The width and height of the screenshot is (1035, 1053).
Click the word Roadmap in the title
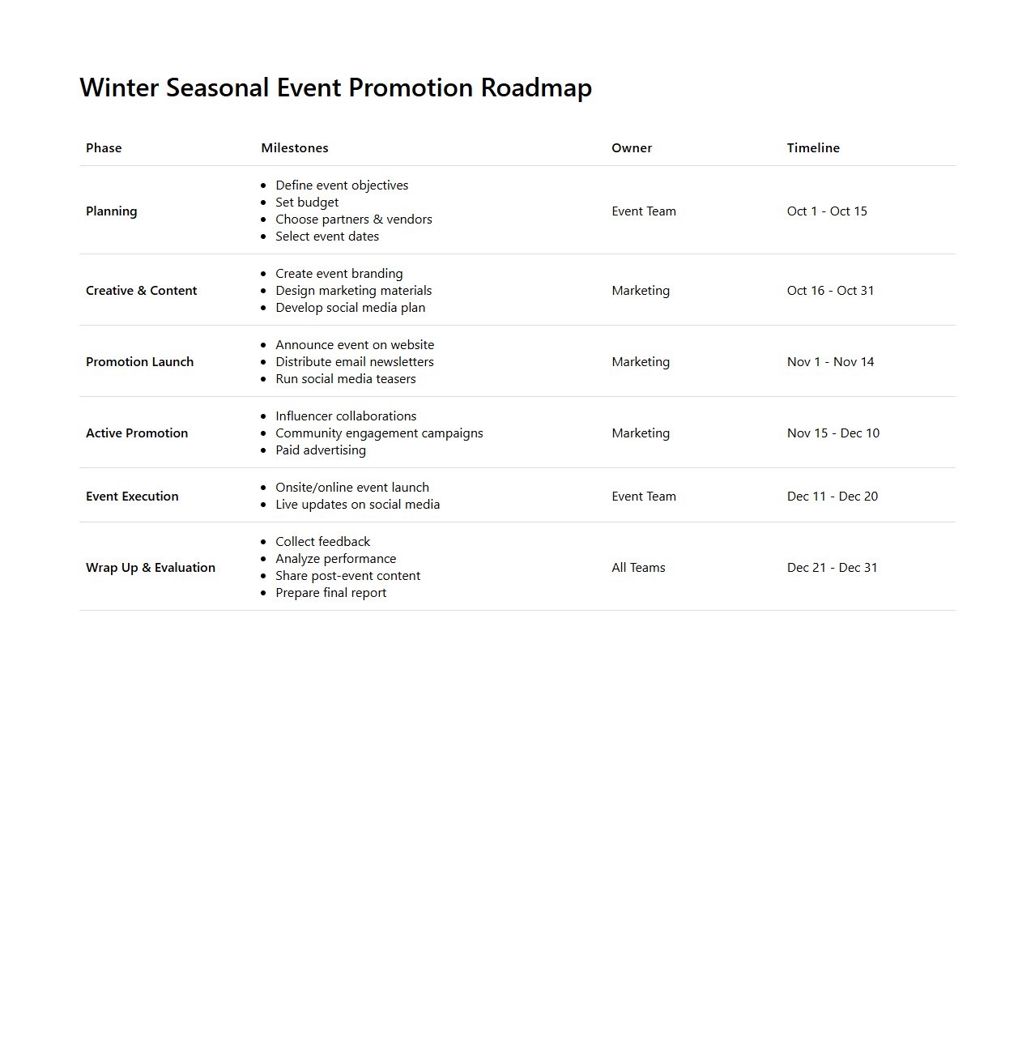click(536, 87)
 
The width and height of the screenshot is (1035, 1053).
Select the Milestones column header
click(295, 148)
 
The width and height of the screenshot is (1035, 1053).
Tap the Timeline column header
click(813, 148)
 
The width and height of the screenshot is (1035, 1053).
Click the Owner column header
click(632, 148)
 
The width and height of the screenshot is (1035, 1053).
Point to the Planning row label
click(112, 211)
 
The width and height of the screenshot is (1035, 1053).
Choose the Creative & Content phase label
click(142, 291)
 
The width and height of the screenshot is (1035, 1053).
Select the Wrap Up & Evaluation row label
click(151, 568)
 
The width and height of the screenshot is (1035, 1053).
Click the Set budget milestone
click(307, 202)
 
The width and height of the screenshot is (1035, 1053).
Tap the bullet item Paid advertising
click(321, 450)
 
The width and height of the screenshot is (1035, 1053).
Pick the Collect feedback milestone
click(322, 542)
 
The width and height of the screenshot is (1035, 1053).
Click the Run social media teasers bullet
click(346, 379)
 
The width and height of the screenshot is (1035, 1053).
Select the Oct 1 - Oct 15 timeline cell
click(827, 211)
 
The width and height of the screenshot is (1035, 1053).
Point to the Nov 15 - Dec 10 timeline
click(833, 433)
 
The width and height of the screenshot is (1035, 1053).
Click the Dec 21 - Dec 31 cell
click(833, 568)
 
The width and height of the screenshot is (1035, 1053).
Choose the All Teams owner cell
click(638, 568)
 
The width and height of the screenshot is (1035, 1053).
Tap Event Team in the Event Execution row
click(644, 497)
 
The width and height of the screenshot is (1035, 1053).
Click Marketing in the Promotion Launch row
click(641, 362)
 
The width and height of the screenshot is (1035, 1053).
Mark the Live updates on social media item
click(357, 505)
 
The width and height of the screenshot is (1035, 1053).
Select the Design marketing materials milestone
click(354, 291)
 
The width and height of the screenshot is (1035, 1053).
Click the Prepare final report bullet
click(330, 593)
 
